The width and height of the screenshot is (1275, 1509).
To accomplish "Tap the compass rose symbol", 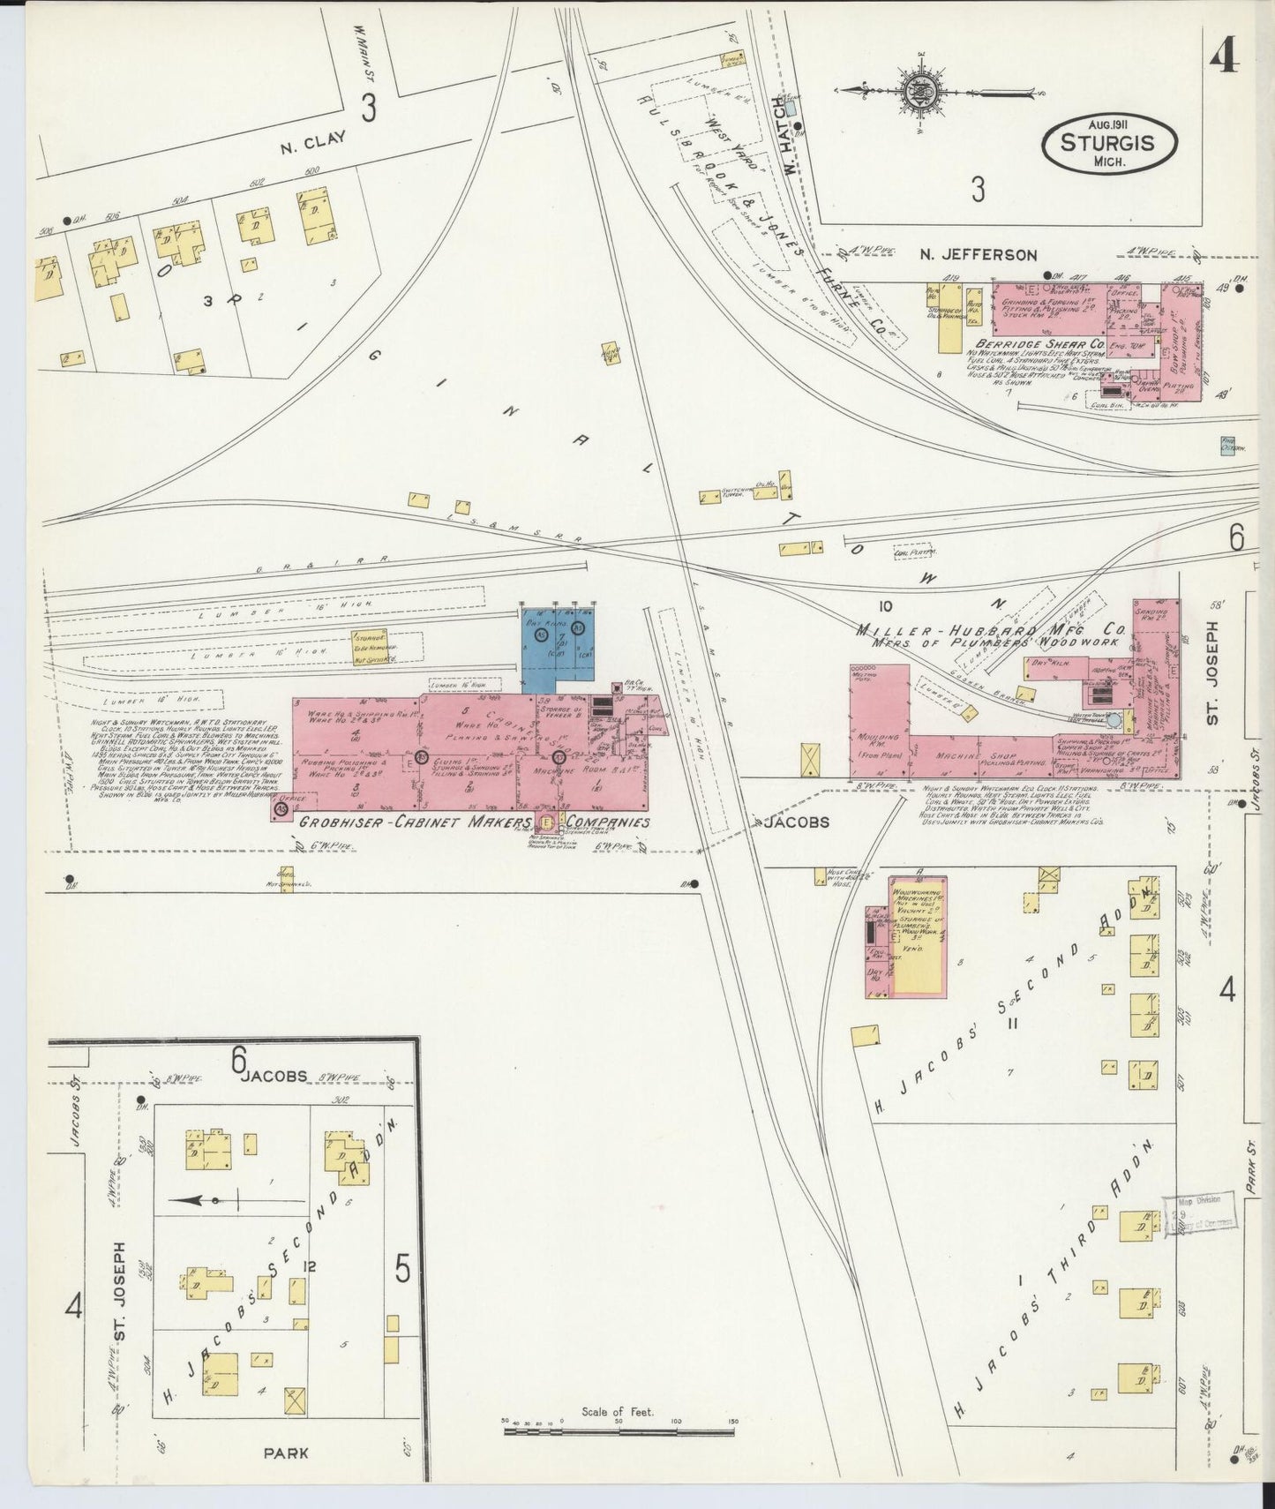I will point(918,91).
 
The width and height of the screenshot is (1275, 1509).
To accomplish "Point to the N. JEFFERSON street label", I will point(978,255).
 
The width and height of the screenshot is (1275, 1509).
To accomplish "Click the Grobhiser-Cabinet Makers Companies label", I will point(474,822).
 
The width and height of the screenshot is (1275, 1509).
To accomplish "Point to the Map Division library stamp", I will point(1199,1216).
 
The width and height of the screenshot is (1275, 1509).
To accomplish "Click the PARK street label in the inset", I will point(284,1452).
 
